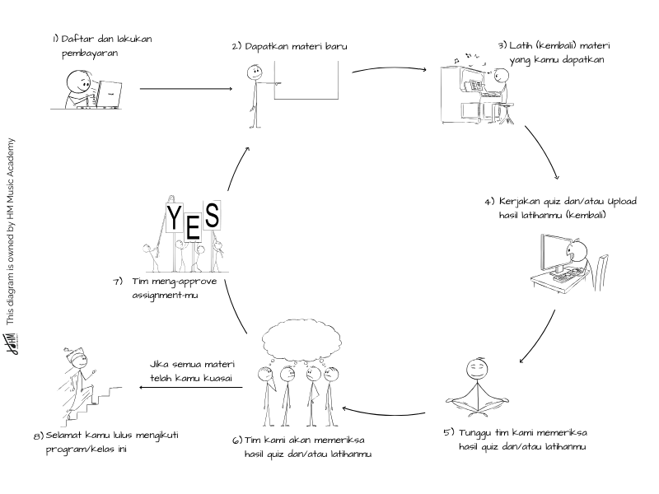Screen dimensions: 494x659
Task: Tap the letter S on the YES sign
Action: (212, 217)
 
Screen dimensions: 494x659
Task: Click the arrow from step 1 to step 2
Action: (185, 89)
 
